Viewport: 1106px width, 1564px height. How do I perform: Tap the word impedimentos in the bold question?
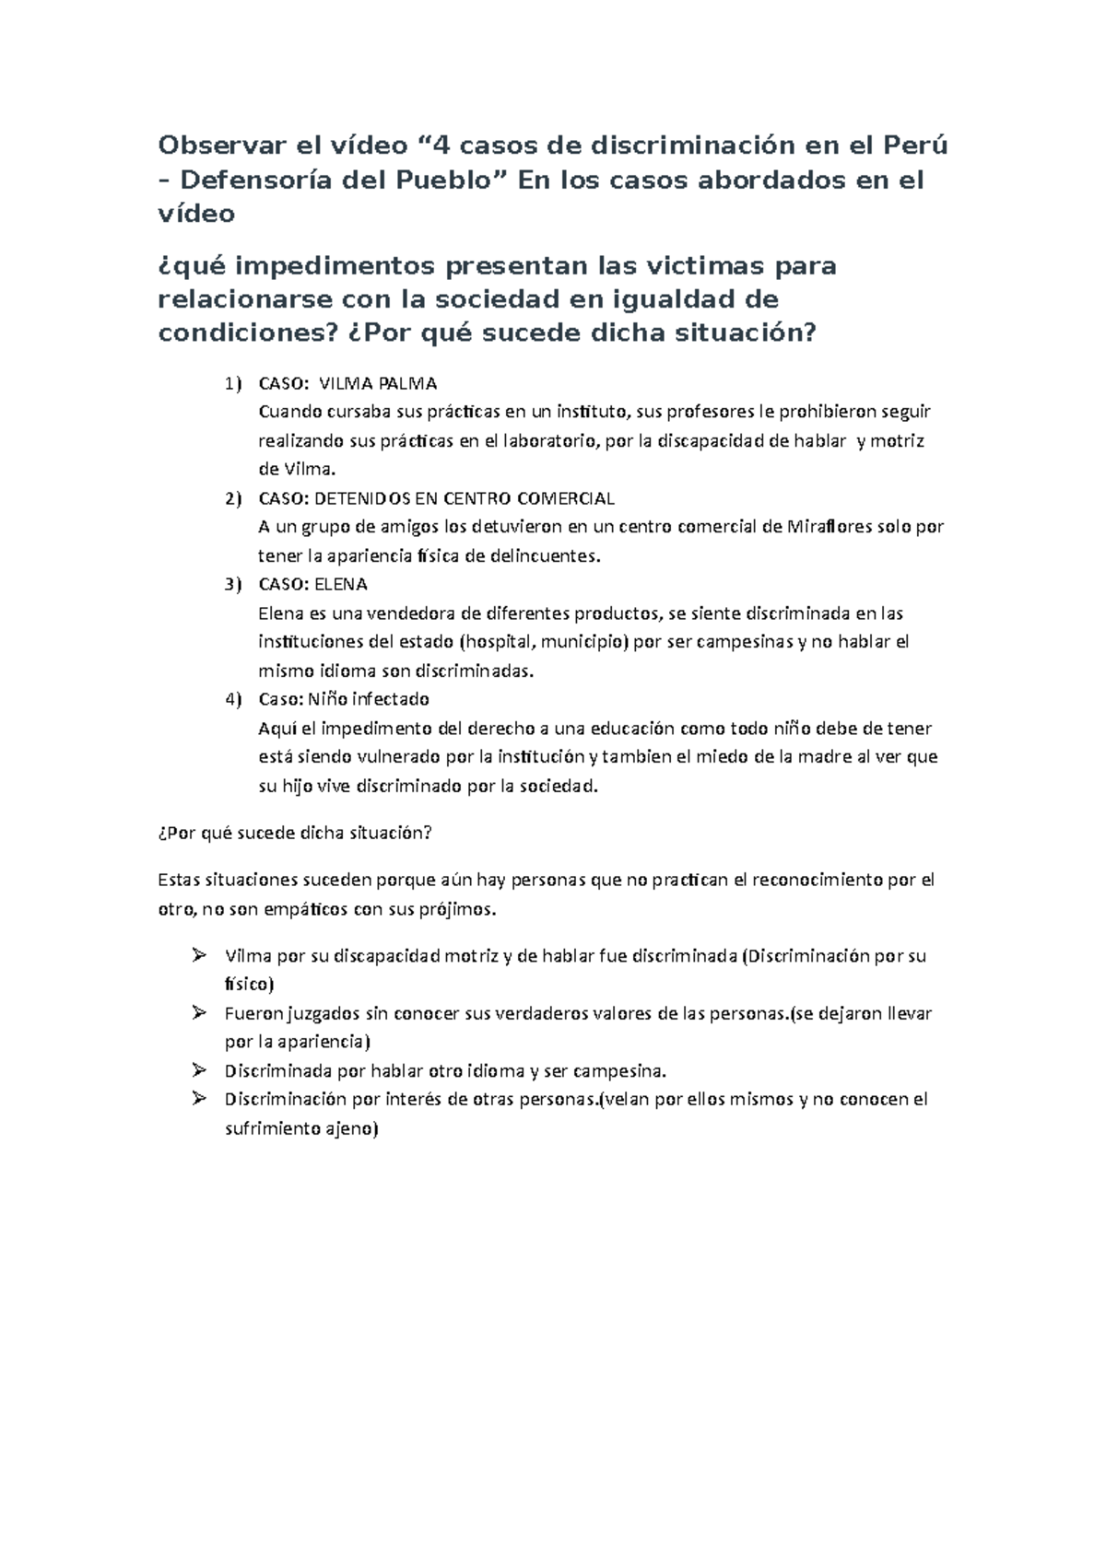click(x=336, y=266)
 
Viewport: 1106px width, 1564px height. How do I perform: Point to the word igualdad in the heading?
click(x=677, y=299)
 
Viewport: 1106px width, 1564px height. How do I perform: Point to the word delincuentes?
click(x=544, y=556)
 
